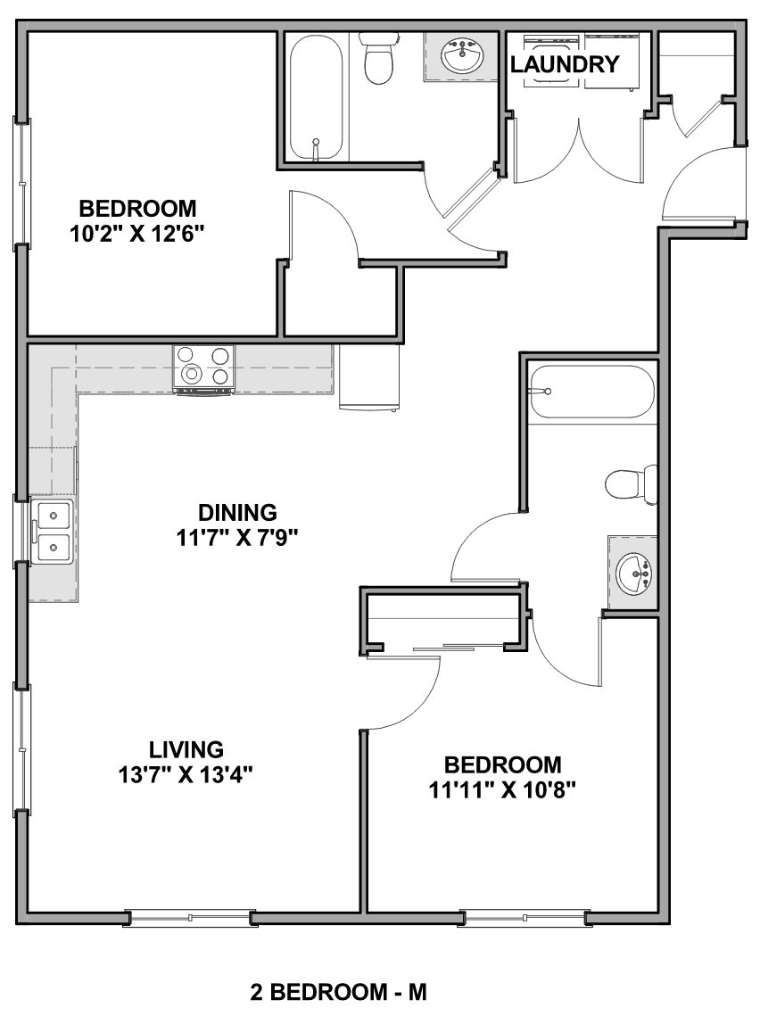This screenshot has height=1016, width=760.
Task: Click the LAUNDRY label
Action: (565, 64)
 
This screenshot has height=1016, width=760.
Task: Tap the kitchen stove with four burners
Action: (203, 369)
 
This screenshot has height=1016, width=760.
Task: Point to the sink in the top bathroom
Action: (461, 57)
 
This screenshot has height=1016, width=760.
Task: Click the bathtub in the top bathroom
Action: (316, 96)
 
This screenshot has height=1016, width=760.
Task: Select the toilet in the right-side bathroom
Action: (631, 484)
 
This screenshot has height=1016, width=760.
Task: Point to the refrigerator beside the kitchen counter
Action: (369, 377)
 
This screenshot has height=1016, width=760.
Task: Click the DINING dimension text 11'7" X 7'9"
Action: (237, 538)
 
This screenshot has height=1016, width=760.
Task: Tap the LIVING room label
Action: (186, 749)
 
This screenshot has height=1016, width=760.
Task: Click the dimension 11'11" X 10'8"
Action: (503, 789)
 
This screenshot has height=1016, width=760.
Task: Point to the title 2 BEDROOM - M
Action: (338, 992)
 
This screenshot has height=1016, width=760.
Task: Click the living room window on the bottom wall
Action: (190, 918)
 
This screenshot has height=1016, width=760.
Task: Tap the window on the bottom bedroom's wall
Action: (524, 918)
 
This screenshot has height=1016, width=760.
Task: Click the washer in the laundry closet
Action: (551, 60)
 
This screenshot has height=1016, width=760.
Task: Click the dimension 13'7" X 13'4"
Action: (185, 774)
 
